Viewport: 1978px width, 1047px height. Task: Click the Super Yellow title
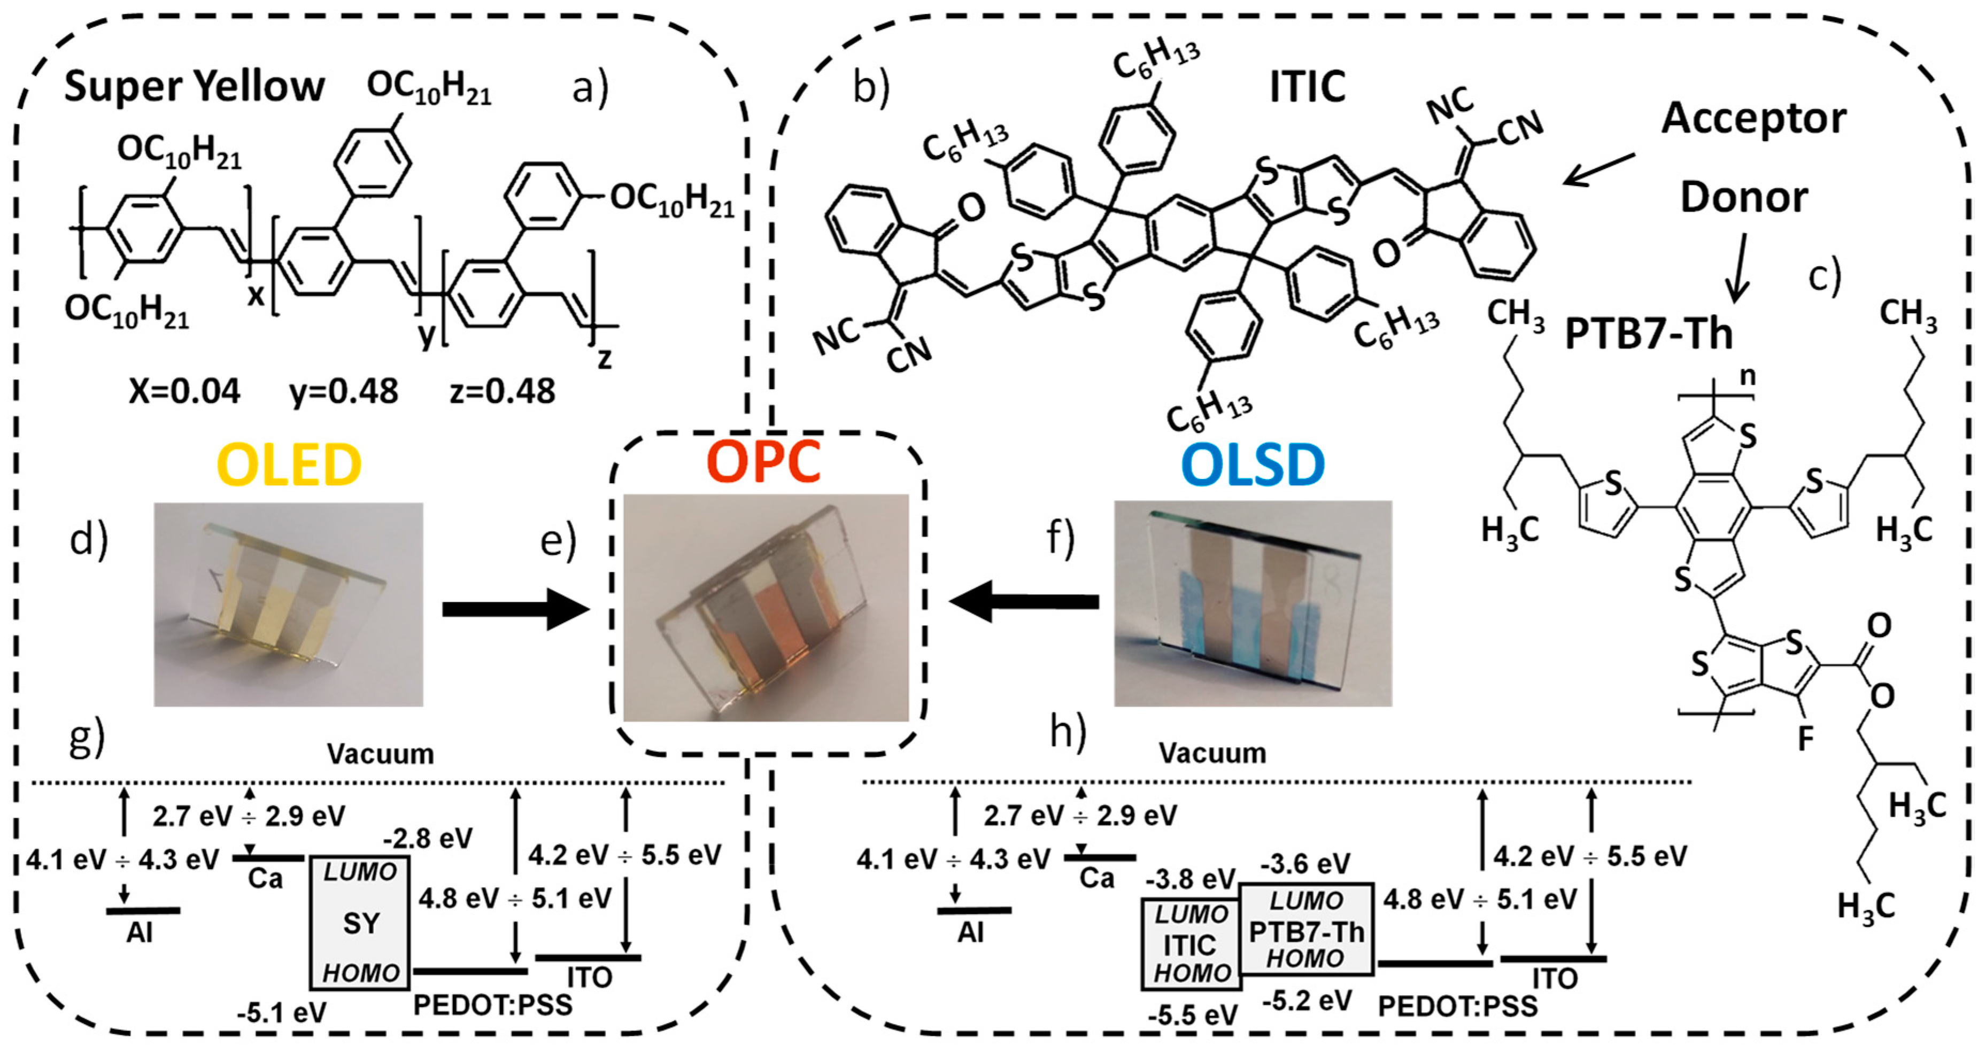(194, 86)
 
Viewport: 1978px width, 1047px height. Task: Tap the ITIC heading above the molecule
(1307, 86)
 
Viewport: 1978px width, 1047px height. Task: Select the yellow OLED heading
(289, 464)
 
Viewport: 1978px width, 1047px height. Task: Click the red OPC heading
(763, 461)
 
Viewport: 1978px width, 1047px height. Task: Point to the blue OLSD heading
(1253, 464)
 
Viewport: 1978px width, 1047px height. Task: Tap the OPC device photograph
(766, 607)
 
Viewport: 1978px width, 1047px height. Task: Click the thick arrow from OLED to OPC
(514, 609)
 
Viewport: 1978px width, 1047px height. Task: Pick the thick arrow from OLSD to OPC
(1024, 601)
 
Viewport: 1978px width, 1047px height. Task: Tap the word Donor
(1744, 197)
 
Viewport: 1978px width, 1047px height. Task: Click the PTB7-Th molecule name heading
(1649, 334)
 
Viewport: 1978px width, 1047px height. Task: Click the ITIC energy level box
(1190, 944)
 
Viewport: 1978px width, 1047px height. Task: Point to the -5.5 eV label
(1193, 1015)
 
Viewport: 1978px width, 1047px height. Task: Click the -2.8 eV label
(428, 838)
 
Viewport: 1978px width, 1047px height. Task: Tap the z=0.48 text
(502, 391)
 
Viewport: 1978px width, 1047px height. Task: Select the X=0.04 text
(184, 391)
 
